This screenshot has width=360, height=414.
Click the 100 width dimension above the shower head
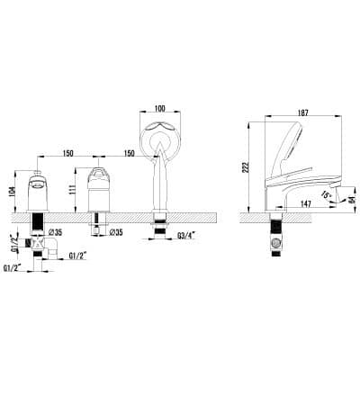click(x=160, y=108)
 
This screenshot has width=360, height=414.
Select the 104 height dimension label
click(x=12, y=192)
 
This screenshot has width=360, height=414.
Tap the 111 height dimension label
click(x=72, y=190)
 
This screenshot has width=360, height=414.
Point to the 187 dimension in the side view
click(x=303, y=112)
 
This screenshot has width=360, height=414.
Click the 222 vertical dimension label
click(x=246, y=168)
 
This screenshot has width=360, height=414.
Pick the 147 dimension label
click(x=305, y=204)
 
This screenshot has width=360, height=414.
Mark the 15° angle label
click(x=326, y=194)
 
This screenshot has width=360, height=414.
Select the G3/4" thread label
click(x=186, y=236)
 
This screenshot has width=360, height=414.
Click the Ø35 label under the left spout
click(x=55, y=232)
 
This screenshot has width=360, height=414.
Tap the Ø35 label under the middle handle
click(x=115, y=232)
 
